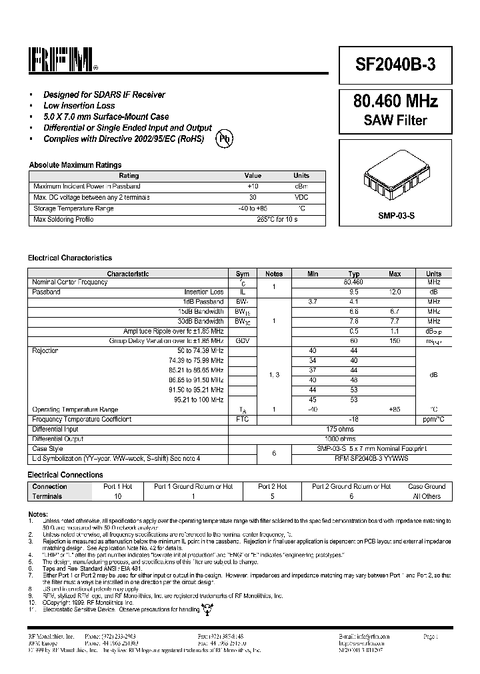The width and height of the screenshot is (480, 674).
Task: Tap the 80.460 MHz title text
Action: tap(395, 102)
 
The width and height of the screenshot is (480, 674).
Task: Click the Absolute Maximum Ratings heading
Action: tap(75, 165)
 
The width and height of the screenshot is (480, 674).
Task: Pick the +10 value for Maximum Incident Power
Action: tap(253, 186)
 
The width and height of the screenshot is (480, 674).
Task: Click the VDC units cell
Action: tap(301, 198)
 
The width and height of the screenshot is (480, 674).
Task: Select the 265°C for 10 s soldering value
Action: tap(277, 220)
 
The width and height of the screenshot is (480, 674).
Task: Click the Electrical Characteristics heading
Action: tap(70, 258)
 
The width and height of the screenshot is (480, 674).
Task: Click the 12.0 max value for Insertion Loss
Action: tap(395, 292)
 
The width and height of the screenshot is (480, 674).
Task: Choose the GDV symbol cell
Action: tap(242, 340)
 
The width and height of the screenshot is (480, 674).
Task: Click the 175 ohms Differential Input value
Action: tap(340, 429)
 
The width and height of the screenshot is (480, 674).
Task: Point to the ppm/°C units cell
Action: tap(433, 420)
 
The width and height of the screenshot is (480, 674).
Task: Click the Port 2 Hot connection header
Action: tap(272, 487)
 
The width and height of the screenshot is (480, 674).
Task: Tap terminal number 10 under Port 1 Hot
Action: tap(118, 496)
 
